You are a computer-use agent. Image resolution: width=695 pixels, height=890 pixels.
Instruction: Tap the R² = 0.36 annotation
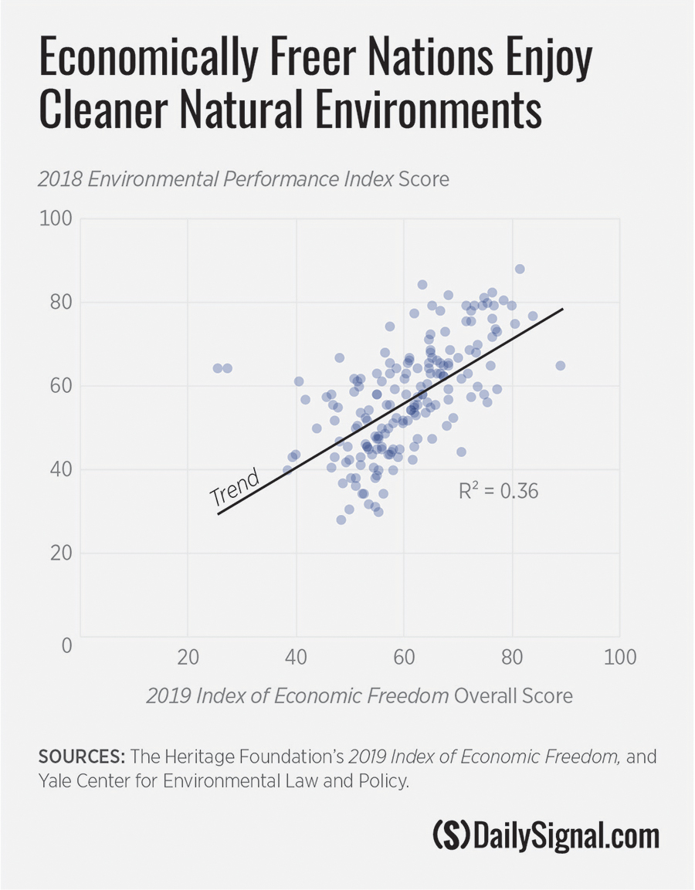[x=499, y=490]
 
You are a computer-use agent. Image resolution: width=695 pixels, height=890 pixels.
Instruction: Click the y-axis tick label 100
[x=55, y=219]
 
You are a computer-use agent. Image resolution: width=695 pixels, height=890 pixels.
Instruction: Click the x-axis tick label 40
[x=296, y=658]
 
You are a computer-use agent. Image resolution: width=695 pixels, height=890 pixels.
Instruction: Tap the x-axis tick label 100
[x=620, y=658]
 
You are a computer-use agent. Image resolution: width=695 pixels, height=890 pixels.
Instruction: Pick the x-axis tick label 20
[x=188, y=658]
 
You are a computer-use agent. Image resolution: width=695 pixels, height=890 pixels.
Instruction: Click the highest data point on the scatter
[x=520, y=269]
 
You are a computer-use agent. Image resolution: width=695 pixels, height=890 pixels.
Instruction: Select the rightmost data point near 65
[x=561, y=366]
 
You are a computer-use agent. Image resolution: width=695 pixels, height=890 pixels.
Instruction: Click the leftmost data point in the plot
[x=218, y=368]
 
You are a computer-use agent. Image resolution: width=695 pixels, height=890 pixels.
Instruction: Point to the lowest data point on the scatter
[x=341, y=519]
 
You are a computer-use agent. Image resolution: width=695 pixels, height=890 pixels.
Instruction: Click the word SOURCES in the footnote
[x=81, y=756]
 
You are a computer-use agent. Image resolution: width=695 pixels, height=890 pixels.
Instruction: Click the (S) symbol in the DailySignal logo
[x=449, y=836]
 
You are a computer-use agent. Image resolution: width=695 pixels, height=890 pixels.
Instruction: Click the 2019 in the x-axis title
[x=168, y=695]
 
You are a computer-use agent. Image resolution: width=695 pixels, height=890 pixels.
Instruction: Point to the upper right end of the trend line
[x=563, y=309]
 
